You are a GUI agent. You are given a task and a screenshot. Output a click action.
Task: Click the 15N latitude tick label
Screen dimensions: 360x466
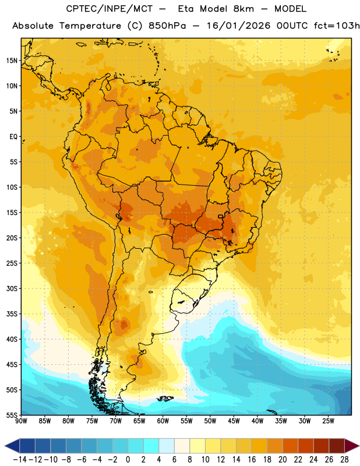(12, 61)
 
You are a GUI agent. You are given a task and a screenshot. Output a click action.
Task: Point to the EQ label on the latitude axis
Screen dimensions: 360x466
(13, 137)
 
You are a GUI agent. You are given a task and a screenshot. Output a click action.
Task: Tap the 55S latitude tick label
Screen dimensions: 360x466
(12, 415)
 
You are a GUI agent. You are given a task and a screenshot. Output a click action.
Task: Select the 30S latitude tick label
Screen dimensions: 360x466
(12, 288)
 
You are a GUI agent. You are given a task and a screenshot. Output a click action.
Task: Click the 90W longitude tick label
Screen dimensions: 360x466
(21, 421)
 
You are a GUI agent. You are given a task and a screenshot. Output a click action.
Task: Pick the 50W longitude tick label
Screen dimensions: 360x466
(210, 421)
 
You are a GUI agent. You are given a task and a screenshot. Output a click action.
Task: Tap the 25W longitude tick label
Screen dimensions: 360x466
(328, 421)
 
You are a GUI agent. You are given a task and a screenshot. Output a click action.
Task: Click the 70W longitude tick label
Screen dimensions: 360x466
(116, 421)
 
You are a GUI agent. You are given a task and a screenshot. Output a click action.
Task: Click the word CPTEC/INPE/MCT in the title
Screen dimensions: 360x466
(110, 9)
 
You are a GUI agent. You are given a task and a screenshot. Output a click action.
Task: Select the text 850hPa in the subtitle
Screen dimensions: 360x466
(167, 26)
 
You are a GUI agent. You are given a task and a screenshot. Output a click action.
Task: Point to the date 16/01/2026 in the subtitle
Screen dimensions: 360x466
(238, 26)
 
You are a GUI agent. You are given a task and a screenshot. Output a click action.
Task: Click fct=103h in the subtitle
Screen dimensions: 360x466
(337, 26)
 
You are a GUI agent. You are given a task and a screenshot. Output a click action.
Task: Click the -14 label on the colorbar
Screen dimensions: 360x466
(20, 460)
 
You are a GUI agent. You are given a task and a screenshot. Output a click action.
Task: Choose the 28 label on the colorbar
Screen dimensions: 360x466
(344, 460)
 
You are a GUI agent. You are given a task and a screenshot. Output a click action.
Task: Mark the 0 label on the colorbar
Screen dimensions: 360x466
(128, 460)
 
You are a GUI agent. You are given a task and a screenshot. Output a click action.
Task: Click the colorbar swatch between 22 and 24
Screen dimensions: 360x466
(306, 446)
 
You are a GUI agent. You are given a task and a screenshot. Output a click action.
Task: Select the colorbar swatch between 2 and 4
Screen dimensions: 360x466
(151, 446)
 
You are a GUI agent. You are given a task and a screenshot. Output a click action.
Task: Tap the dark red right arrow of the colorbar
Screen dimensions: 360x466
(352, 446)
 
